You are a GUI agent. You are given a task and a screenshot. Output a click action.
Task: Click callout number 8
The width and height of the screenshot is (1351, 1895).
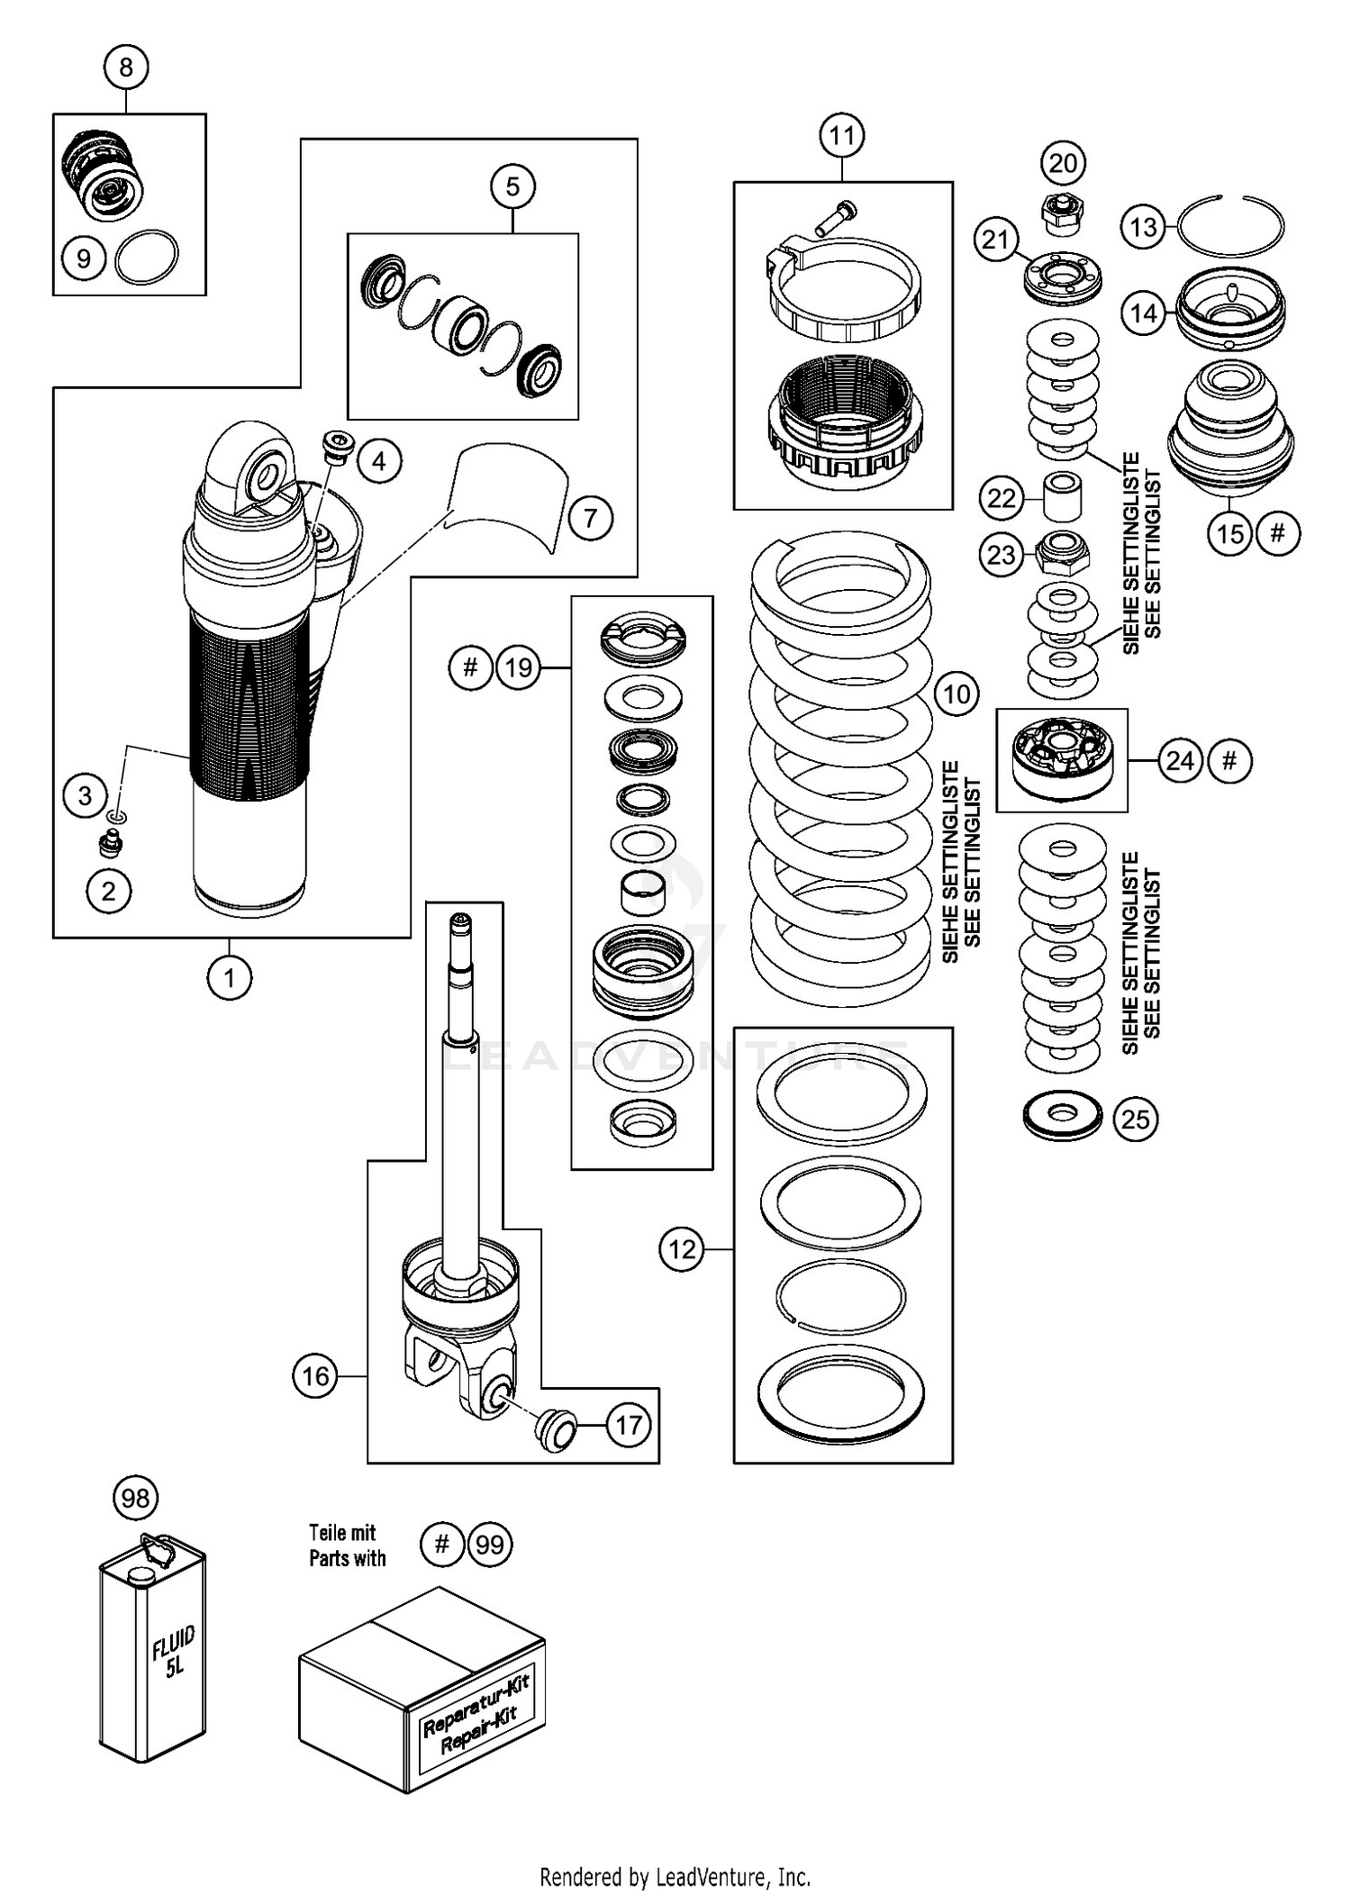pos(125,67)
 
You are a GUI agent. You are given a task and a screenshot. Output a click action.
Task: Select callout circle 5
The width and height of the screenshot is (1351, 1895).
pos(512,186)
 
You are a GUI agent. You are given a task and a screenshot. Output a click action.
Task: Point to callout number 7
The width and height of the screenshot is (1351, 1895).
pos(590,518)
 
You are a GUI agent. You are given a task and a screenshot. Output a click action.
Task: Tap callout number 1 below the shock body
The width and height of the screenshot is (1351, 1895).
pos(229,977)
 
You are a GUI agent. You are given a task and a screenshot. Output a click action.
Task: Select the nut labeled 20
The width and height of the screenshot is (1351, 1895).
pos(1064,214)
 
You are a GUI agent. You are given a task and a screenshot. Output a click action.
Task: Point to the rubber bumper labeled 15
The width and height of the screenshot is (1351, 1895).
pos(1230,428)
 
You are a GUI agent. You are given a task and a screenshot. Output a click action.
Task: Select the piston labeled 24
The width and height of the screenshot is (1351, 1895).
pos(1061,757)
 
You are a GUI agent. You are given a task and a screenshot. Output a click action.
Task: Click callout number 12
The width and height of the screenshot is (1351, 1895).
pos(682,1249)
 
